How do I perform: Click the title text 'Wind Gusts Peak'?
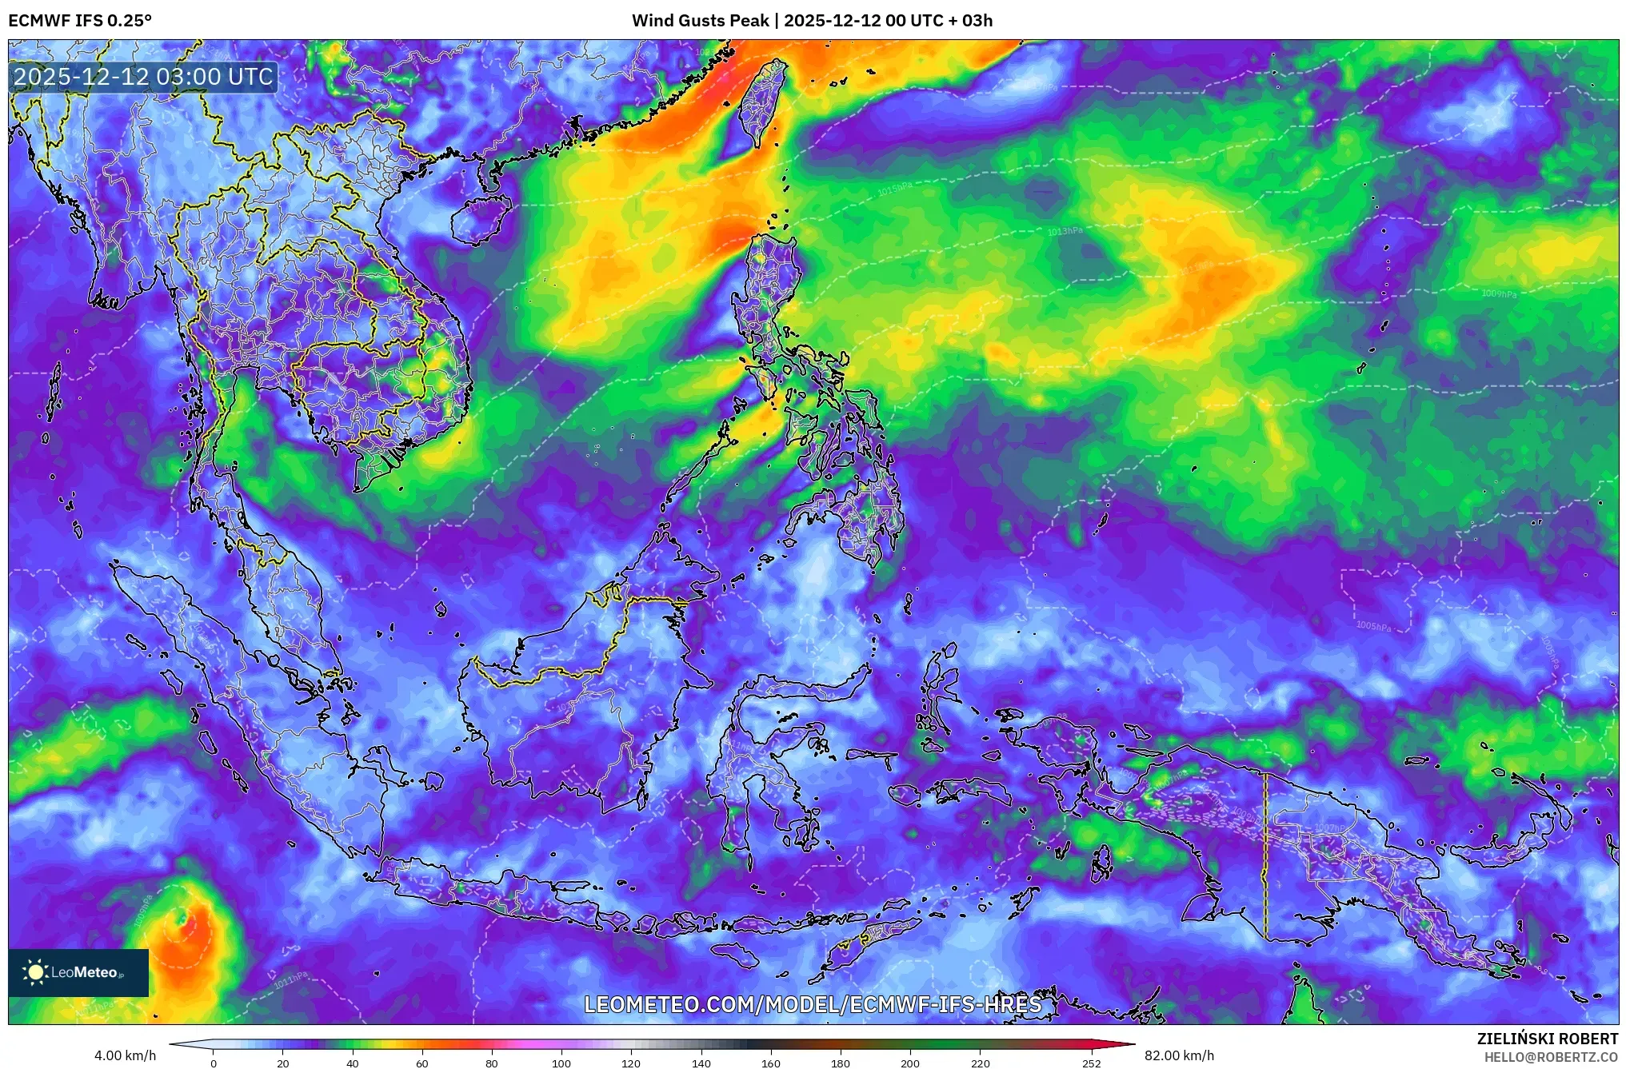point(700,21)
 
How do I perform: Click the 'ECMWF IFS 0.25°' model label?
point(80,21)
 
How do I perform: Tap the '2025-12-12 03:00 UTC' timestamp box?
point(144,78)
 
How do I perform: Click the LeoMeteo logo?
point(78,972)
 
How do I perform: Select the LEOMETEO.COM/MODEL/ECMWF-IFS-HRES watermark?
point(813,1004)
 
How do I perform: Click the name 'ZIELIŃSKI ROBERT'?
point(1547,1039)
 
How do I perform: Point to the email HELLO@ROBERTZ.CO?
point(1550,1057)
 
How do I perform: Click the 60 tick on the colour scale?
point(422,1063)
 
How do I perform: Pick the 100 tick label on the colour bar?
point(561,1063)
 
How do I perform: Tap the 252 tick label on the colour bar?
point(1091,1063)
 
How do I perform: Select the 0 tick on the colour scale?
point(214,1063)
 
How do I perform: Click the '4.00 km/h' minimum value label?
point(125,1055)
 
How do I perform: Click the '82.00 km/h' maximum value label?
point(1179,1055)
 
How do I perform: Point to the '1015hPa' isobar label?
point(894,189)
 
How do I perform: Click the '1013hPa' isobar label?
point(1065,232)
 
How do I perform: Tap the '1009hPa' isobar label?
point(1498,294)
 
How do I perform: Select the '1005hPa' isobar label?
point(1373,626)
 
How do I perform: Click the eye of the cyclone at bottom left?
point(182,919)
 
